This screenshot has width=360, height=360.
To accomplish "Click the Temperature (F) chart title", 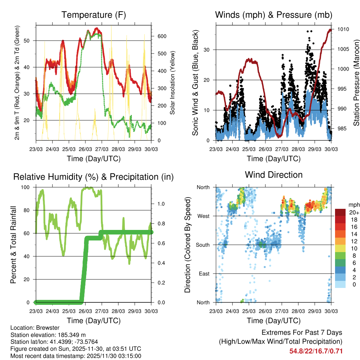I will (x=94, y=15).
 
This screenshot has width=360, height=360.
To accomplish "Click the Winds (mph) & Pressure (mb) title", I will (x=274, y=15).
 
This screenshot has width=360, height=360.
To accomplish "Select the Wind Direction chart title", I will (x=274, y=174).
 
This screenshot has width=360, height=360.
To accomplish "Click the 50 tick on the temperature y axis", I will (x=30, y=41).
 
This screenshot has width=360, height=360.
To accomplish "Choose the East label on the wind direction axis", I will (x=204, y=274).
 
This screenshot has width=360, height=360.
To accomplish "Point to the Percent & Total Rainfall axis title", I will (x=13, y=245).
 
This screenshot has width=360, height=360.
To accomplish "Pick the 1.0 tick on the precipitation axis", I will (x=161, y=204).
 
